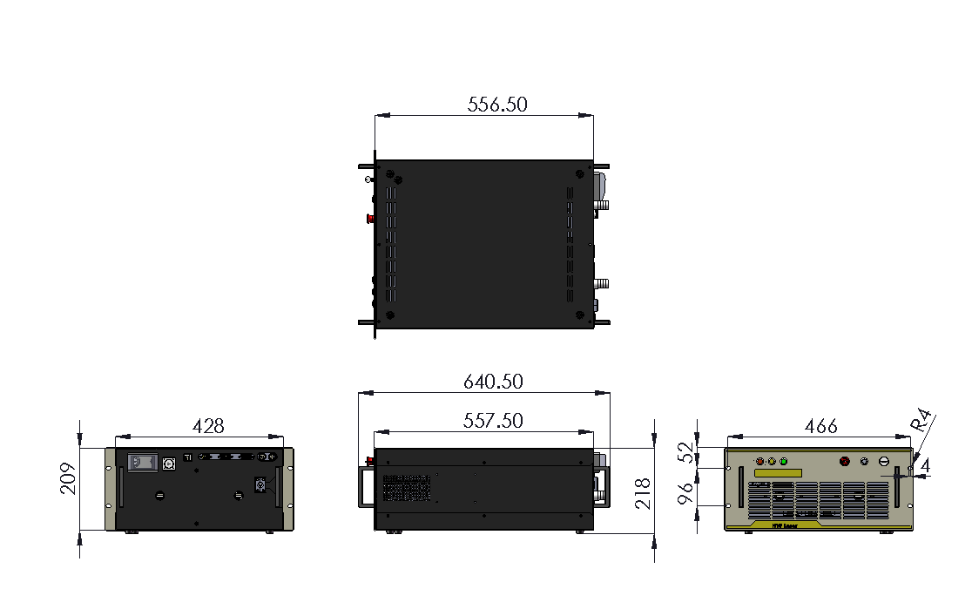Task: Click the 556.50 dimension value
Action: (x=497, y=105)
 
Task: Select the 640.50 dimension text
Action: (x=493, y=382)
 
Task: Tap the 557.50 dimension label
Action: (x=493, y=421)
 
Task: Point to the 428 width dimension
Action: (x=208, y=426)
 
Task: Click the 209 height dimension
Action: (x=69, y=478)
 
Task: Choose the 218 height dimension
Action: (x=643, y=492)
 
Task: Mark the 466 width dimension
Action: (x=820, y=426)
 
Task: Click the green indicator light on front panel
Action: (x=784, y=461)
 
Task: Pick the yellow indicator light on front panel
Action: (x=772, y=461)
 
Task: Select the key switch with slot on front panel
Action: (x=883, y=462)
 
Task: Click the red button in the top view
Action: (x=369, y=218)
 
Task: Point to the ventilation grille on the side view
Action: (x=407, y=488)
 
